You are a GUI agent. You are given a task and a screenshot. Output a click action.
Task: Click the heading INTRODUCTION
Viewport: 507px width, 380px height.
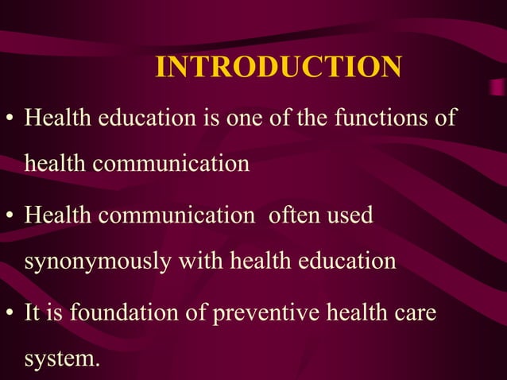[278, 67]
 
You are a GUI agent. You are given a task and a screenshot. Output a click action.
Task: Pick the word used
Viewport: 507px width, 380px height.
[352, 215]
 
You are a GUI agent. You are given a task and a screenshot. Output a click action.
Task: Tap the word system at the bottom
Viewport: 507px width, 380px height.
[62, 359]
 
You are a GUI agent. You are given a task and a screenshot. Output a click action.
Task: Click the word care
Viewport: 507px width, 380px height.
[413, 312]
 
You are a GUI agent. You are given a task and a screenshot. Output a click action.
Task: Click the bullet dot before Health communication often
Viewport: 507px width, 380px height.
[11, 217]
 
